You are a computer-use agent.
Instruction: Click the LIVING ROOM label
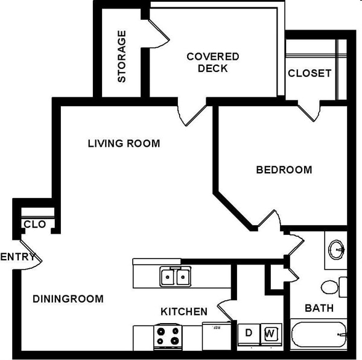click(x=124, y=143)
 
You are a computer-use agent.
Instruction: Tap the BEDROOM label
click(x=284, y=170)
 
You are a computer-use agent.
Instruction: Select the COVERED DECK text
click(x=213, y=62)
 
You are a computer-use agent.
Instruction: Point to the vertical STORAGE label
click(x=122, y=56)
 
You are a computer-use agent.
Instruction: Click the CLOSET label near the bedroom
click(x=310, y=73)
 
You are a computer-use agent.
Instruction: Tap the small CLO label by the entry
click(x=34, y=224)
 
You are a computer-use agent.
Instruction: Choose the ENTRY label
click(x=17, y=257)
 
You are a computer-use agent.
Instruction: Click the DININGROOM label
click(x=68, y=298)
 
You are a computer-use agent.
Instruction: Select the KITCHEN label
click(x=184, y=312)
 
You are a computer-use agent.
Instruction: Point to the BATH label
click(x=319, y=308)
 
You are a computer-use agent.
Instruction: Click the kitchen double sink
click(x=175, y=277)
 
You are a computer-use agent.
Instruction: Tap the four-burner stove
click(x=167, y=336)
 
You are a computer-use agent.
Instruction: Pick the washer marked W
click(x=270, y=333)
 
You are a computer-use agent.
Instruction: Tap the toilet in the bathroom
click(x=332, y=286)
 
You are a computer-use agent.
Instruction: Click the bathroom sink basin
click(x=335, y=248)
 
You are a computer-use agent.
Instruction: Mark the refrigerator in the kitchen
click(x=215, y=335)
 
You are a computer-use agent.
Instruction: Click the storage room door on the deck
click(x=158, y=30)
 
